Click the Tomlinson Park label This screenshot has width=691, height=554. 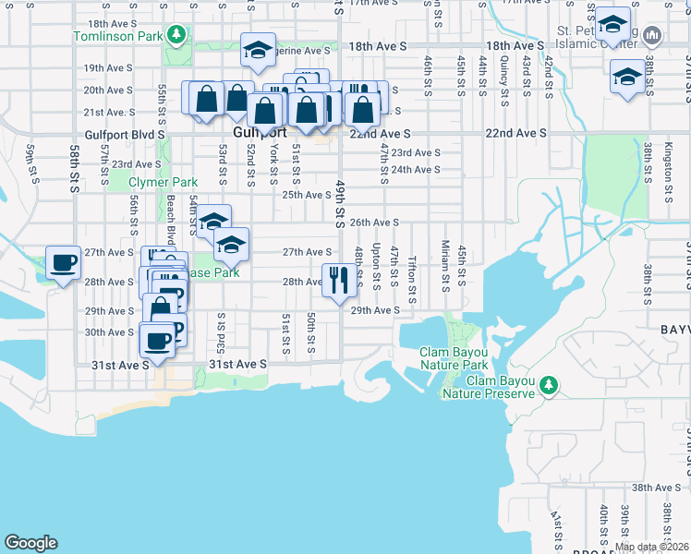coord(117,37)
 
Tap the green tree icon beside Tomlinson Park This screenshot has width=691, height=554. coord(176,37)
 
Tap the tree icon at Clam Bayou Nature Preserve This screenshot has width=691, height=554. coord(549,384)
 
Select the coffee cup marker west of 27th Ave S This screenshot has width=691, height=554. coord(64,263)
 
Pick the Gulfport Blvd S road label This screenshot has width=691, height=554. coord(123,134)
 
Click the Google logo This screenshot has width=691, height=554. coord(31,543)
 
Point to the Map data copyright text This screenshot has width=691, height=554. coord(651,547)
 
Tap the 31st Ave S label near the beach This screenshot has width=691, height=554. coord(120,366)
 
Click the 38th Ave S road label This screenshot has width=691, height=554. coord(656,488)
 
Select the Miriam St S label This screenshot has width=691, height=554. coord(445,265)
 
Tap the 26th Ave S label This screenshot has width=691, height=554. coord(374,223)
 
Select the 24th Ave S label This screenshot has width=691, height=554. coord(415,170)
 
